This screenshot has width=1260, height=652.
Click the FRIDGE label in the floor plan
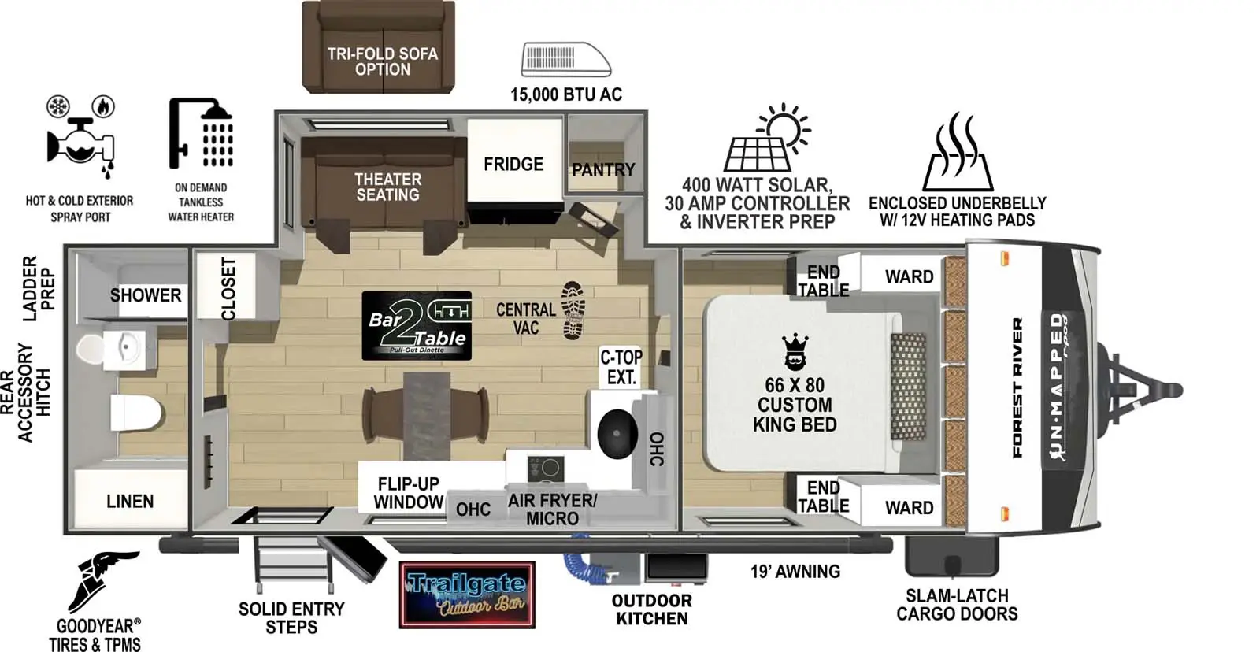coord(513,164)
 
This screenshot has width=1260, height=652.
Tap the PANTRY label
coord(603,169)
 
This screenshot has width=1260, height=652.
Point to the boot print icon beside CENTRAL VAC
coord(573,310)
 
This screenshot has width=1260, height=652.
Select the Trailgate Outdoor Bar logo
coord(467,595)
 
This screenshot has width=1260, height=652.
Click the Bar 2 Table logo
coord(417,326)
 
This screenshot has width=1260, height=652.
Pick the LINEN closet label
coord(130,501)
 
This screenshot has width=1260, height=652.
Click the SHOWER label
coord(145,295)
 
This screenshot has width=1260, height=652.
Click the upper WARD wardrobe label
coord(909,276)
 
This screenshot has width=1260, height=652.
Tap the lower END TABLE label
coord(823,497)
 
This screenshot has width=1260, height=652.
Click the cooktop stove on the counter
coord(545,468)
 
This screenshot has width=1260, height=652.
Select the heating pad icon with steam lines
coord(958,153)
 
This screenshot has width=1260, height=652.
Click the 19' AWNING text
coord(795,572)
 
